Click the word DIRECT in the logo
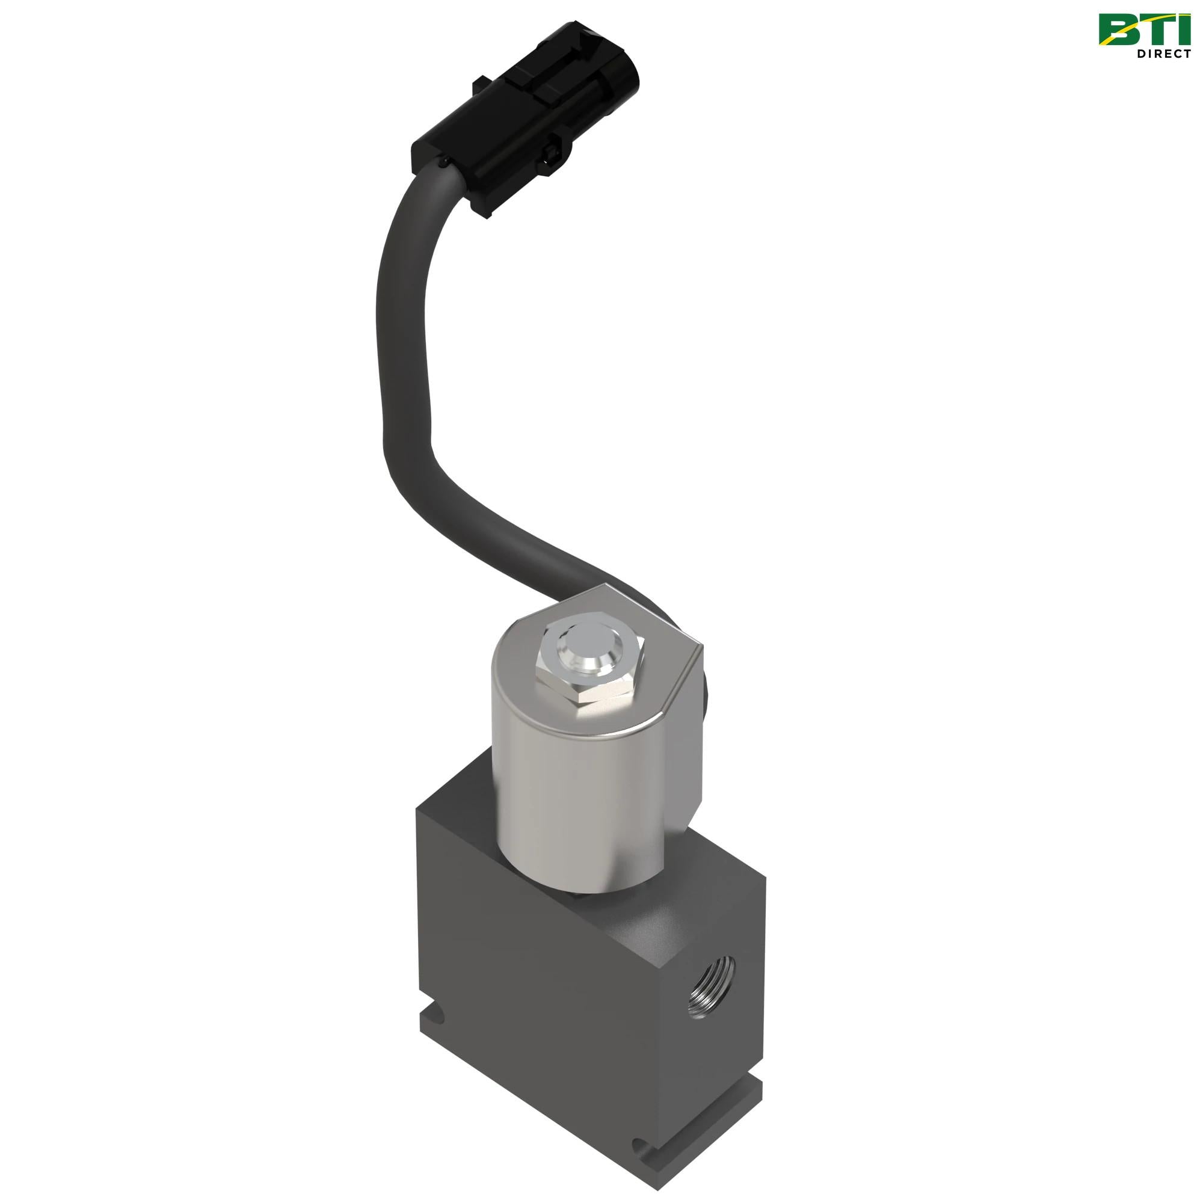pos(1164,54)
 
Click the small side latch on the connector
pos(552,153)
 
